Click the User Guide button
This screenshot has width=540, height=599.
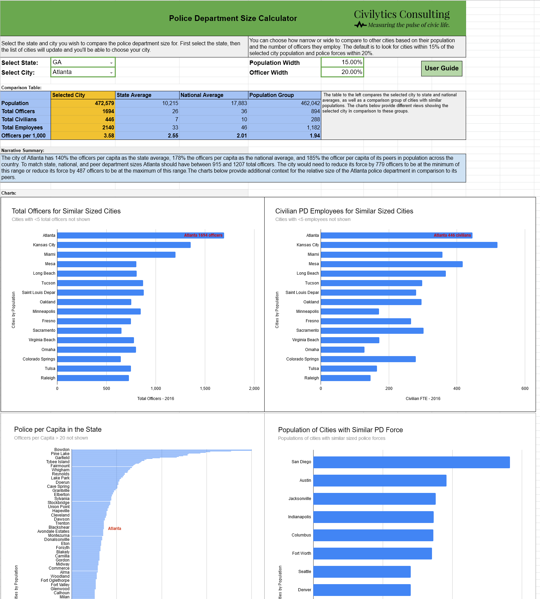[441, 68]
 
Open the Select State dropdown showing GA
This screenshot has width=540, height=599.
[111, 63]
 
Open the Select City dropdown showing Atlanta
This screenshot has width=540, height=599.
[111, 73]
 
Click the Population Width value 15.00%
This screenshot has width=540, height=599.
[342, 62]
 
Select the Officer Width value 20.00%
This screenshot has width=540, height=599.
[342, 72]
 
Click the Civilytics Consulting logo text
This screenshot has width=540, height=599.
[402, 15]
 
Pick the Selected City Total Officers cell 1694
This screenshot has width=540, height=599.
[83, 111]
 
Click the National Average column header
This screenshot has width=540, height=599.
[214, 95]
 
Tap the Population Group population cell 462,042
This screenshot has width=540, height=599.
[285, 103]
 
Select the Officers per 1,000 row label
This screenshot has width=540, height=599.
[24, 135]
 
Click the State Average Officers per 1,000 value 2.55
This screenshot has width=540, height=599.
[147, 135]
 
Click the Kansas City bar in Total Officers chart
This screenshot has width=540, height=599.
[124, 245]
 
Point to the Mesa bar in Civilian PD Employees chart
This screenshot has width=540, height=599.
[391, 264]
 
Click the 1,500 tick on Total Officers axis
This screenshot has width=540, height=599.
[205, 389]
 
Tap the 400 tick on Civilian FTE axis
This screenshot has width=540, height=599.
[457, 389]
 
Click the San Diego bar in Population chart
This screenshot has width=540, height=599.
[411, 462]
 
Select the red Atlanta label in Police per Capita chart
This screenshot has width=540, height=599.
[114, 528]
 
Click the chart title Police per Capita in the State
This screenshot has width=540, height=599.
[58, 429]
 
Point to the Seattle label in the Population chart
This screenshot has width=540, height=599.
[304, 572]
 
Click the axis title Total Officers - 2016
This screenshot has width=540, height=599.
[156, 399]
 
